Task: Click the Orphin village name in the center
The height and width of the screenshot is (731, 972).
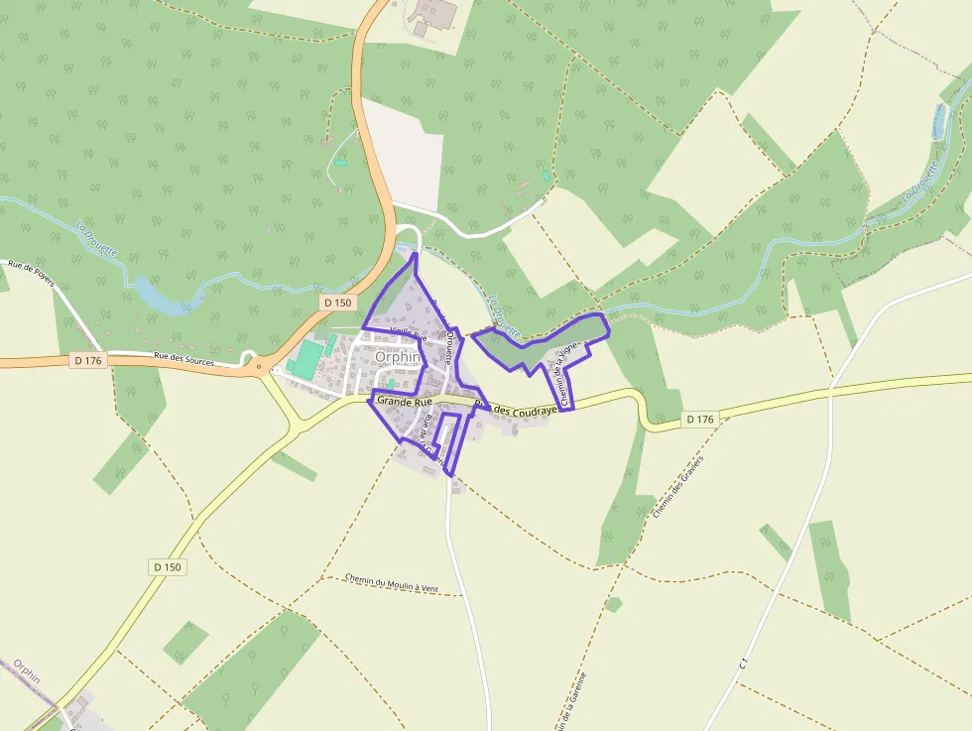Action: pos(399,358)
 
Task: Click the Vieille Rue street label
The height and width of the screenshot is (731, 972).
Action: pos(408,335)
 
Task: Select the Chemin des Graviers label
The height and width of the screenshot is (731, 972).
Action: pos(678,486)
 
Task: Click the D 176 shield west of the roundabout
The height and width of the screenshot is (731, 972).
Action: pos(88,361)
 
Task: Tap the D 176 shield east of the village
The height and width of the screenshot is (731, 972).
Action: pos(699,420)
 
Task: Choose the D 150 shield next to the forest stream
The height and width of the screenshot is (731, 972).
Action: pos(337,302)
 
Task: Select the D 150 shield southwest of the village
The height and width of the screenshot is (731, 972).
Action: pos(168,566)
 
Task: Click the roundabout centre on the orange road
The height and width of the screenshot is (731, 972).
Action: pos(260,366)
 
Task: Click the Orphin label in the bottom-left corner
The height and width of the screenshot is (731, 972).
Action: pos(27,676)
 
